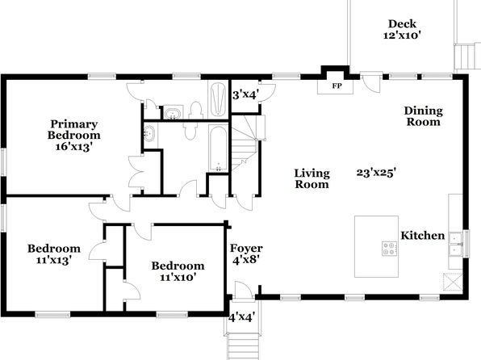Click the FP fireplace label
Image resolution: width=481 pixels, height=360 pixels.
[x=337, y=86]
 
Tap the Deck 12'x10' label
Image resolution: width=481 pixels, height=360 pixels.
[x=402, y=30]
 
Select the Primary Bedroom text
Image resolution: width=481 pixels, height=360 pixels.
[x=73, y=129]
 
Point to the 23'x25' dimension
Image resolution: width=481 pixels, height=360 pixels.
[x=376, y=173]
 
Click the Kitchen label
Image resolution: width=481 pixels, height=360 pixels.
[x=423, y=236]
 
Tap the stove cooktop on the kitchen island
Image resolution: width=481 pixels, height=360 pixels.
[x=389, y=249]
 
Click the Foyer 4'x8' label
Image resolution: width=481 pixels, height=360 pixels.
[x=246, y=253]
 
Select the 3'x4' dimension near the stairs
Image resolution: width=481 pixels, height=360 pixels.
[x=245, y=94]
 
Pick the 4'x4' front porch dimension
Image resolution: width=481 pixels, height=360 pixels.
[x=242, y=317]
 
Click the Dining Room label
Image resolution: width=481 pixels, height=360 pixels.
[x=424, y=116]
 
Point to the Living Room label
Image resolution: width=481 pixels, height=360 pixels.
[x=312, y=178]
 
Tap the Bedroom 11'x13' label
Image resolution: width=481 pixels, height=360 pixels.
[x=54, y=254]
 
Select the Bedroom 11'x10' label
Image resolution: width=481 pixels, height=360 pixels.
[x=178, y=271]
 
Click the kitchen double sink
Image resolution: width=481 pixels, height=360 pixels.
[x=455, y=244]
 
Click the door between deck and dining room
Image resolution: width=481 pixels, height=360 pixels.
[x=370, y=82]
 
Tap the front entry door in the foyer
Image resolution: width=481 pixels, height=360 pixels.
[x=244, y=290]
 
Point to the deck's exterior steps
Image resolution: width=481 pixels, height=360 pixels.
[x=467, y=57]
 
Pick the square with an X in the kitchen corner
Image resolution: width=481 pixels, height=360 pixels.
[x=453, y=282]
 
